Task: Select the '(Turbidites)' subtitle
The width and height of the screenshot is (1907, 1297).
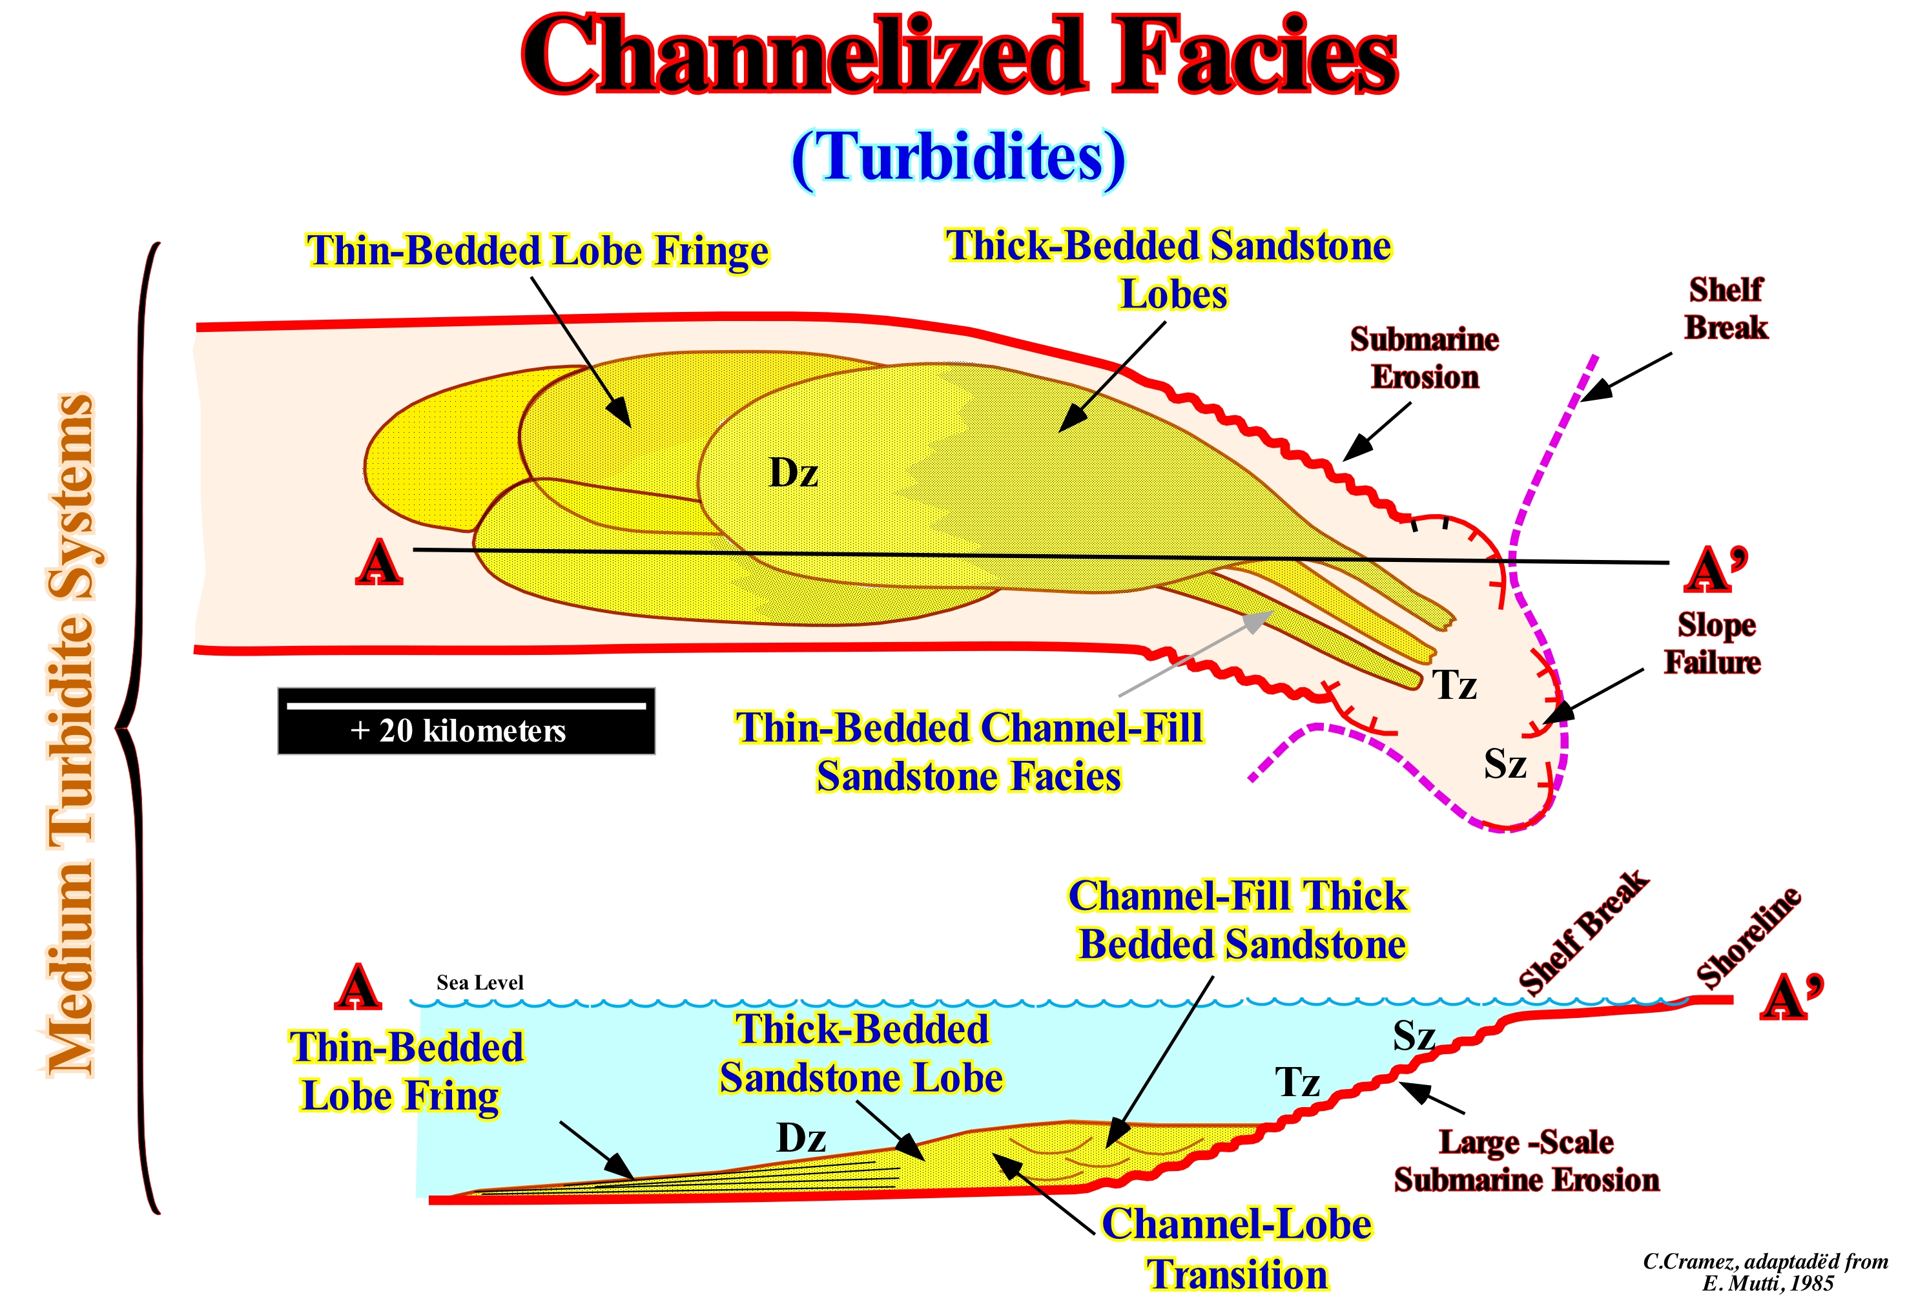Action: tap(958, 158)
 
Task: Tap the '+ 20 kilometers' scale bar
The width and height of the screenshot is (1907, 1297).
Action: tap(466, 721)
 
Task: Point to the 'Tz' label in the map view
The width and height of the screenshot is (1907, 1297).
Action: tap(1454, 685)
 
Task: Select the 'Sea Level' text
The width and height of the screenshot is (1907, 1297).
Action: tap(479, 982)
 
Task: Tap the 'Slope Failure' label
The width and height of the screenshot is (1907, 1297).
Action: tap(1713, 643)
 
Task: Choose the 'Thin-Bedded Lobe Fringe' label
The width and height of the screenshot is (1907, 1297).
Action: tap(537, 251)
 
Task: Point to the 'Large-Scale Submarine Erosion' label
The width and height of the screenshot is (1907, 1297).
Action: tap(1526, 1161)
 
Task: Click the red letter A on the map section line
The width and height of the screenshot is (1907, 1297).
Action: tap(378, 564)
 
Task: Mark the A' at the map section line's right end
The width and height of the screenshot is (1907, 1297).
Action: tap(1715, 569)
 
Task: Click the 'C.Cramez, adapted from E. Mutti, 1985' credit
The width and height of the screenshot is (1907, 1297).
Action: tap(1765, 1272)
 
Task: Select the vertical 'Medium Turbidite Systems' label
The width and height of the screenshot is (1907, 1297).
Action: tap(72, 734)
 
